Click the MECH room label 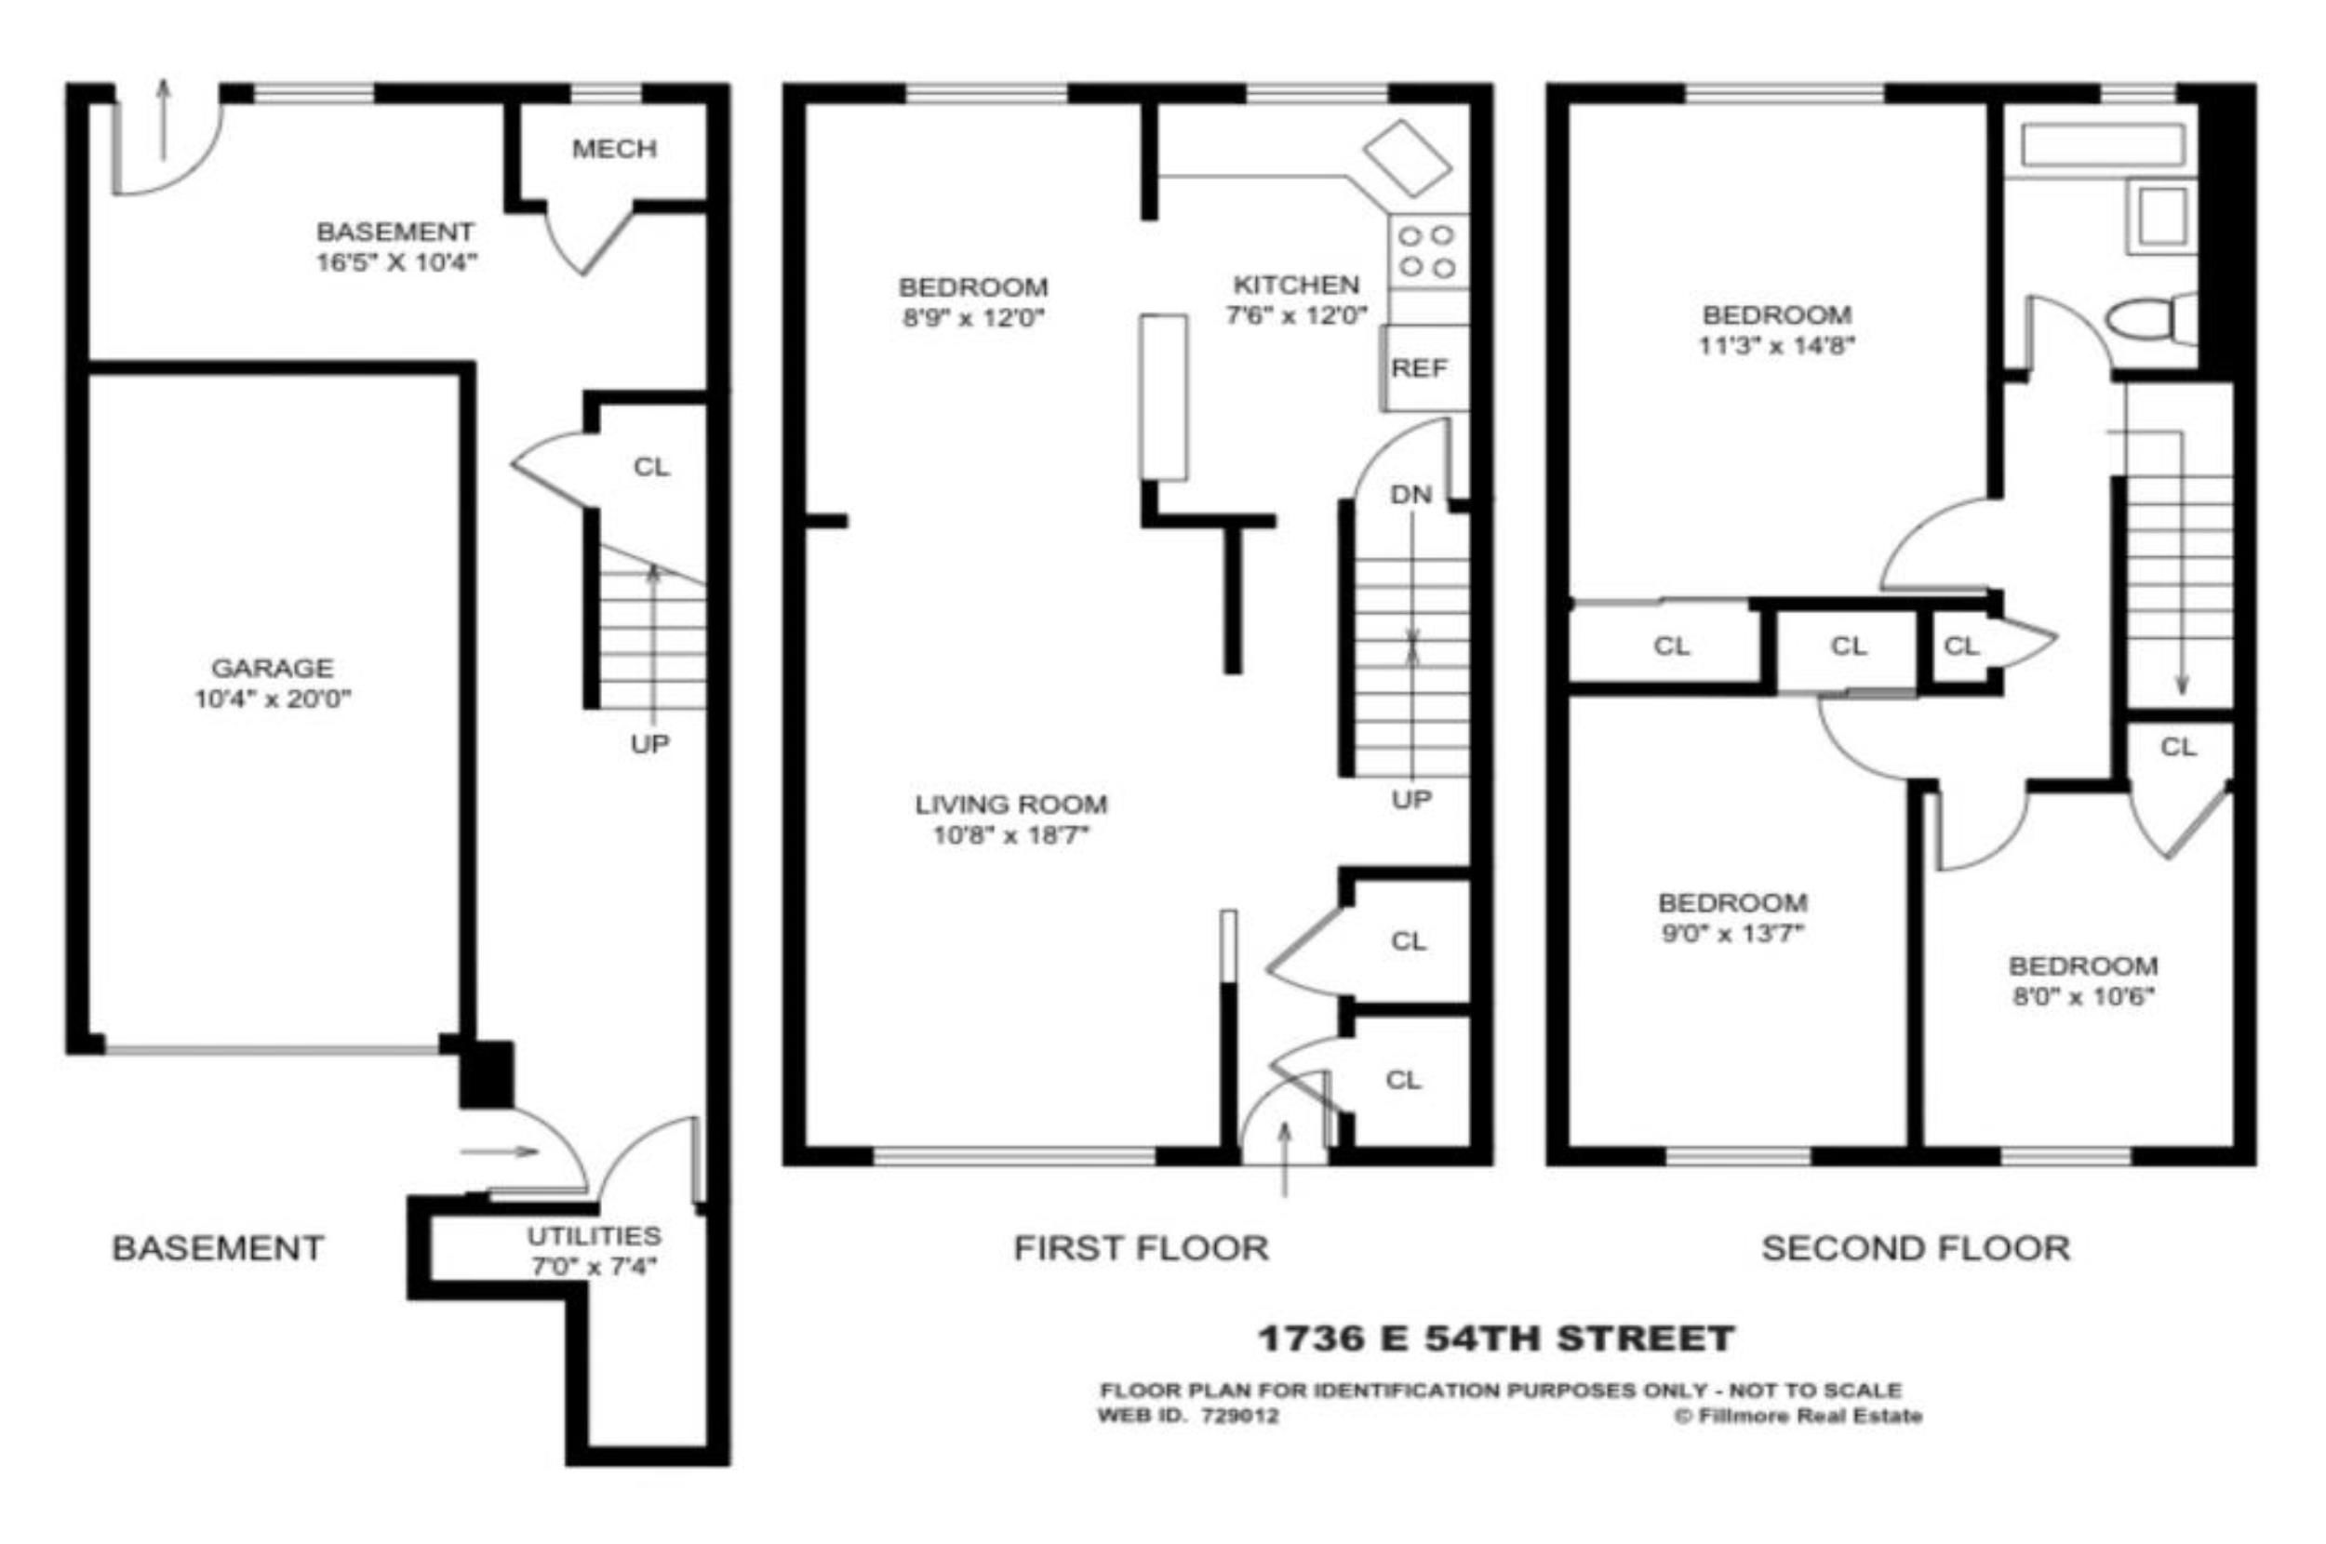[613, 149]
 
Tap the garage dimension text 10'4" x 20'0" [273, 699]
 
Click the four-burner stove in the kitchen [1428, 251]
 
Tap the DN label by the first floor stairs [1410, 494]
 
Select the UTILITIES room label [594, 1236]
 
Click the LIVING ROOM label [1011, 804]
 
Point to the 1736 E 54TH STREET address [1496, 1338]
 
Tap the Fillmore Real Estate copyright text [1798, 1416]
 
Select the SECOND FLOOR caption [1916, 1248]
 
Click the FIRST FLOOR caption [1142, 1248]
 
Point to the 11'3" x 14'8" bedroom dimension [1776, 346]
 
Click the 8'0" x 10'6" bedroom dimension [2083, 996]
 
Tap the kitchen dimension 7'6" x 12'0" [1296, 315]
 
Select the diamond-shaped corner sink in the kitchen [1407, 157]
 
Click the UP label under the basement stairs [649, 744]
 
